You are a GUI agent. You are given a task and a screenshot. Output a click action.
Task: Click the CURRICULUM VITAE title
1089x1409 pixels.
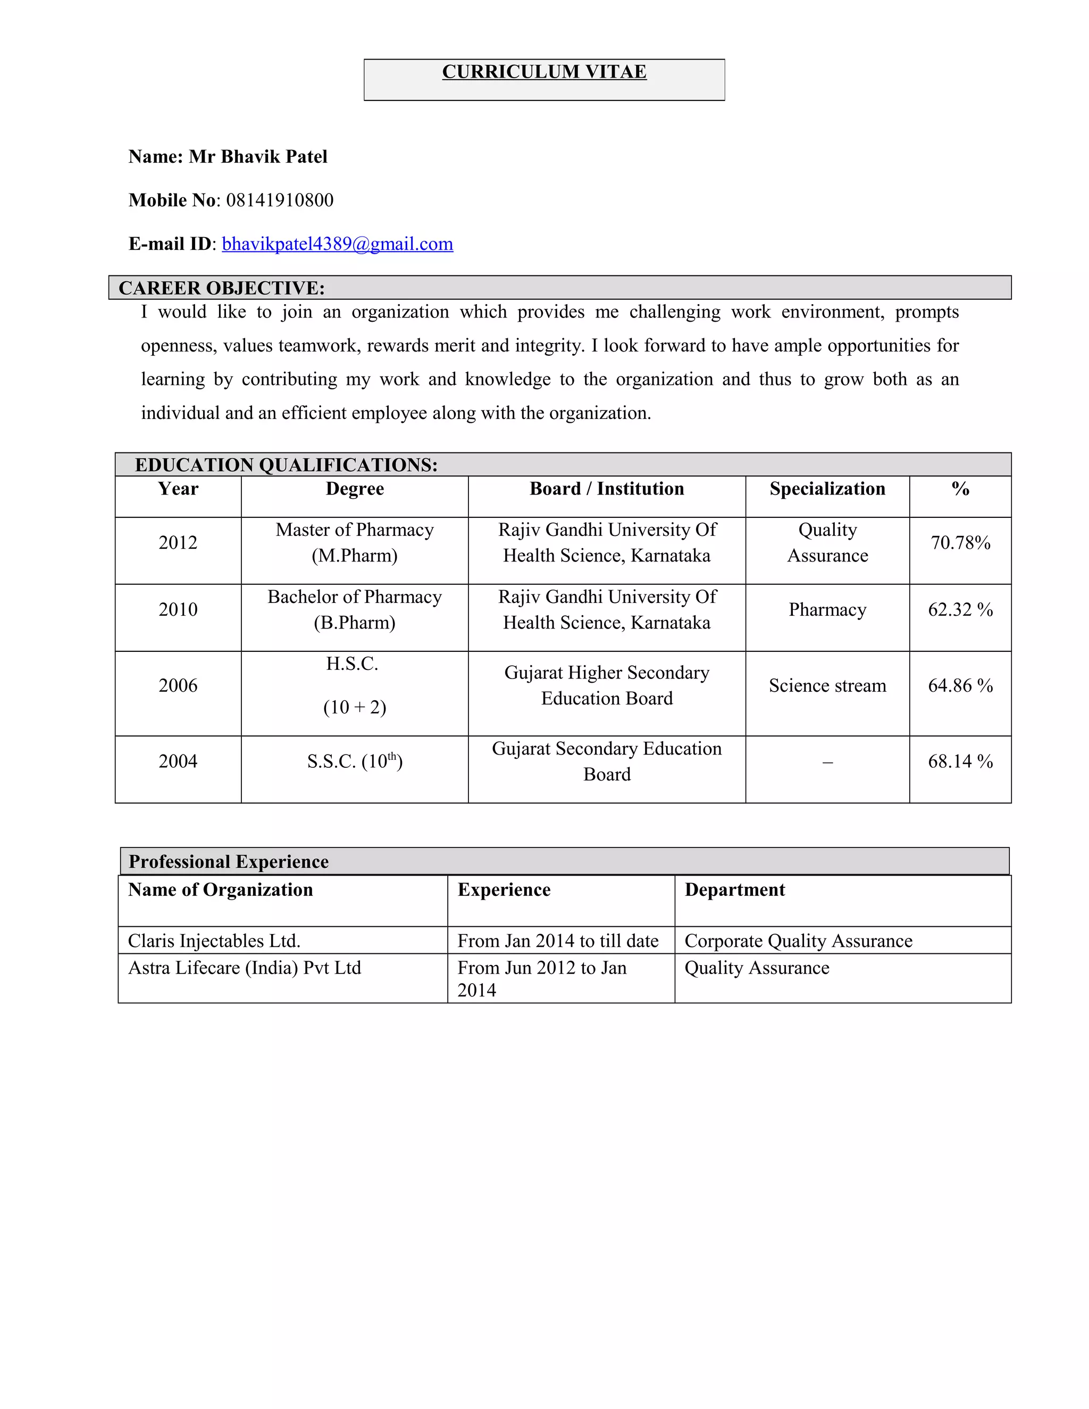click(544, 72)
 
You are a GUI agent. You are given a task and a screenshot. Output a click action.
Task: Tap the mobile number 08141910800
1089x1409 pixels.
click(279, 200)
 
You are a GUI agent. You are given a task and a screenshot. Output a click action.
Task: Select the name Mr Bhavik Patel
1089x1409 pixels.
click(257, 157)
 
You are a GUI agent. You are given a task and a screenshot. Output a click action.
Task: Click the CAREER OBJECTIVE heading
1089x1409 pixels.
click(221, 288)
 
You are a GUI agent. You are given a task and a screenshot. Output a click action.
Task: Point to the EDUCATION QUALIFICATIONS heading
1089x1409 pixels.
click(286, 465)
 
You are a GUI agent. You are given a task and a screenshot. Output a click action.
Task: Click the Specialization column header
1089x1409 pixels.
click(827, 489)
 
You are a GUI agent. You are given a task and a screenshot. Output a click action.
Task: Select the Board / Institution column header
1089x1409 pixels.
click(606, 489)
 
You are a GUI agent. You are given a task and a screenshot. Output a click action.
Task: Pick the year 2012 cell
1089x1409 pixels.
click(178, 542)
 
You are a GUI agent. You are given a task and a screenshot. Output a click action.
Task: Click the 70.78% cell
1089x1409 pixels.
click(960, 542)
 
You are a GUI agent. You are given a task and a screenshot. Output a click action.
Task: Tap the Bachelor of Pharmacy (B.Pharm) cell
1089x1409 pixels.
click(354, 610)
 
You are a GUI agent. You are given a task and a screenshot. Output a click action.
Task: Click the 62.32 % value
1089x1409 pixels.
click(960, 610)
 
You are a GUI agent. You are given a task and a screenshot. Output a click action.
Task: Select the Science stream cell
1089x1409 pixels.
click(827, 685)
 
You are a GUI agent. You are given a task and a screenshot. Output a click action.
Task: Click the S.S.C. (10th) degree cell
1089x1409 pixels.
click(354, 762)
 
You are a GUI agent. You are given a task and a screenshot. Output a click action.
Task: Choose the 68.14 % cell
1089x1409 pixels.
click(960, 762)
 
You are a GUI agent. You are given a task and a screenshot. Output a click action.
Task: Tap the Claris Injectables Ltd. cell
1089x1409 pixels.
click(214, 941)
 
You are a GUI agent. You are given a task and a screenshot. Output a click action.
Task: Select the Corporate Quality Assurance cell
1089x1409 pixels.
click(798, 941)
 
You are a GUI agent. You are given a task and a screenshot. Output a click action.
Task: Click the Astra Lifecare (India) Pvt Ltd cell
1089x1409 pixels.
click(245, 968)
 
